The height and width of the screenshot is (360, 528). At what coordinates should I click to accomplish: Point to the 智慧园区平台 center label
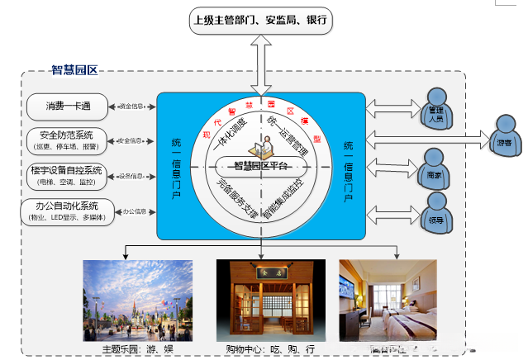click(x=259, y=164)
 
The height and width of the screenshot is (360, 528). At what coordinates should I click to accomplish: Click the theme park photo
click(x=137, y=301)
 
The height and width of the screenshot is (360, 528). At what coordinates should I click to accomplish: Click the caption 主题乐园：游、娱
click(x=137, y=349)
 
